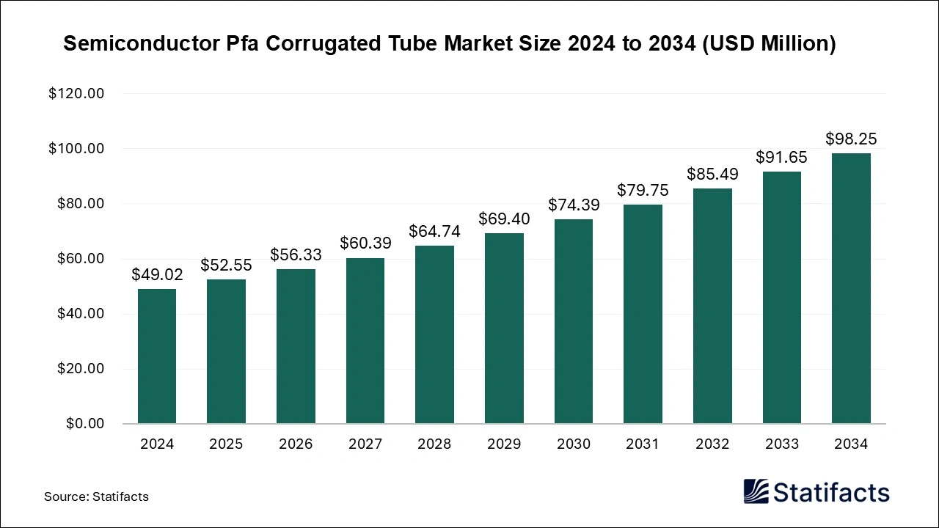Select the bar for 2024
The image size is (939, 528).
[x=157, y=356]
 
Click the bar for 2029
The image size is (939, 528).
[x=504, y=329]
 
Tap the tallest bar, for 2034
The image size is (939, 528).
[x=851, y=288]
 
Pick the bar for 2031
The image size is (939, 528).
[x=643, y=314]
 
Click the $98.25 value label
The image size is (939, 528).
[x=851, y=139]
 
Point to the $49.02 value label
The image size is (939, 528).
[x=157, y=275]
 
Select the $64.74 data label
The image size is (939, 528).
[x=434, y=232]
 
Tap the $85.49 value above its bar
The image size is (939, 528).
[x=712, y=175]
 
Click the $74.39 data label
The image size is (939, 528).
[x=574, y=205]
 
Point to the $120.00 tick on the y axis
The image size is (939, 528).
[x=76, y=94]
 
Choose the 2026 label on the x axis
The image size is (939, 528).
[x=296, y=444]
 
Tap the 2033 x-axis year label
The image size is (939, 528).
[x=782, y=444]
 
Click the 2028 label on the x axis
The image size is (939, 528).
[x=434, y=444]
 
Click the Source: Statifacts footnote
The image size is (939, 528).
[x=96, y=496]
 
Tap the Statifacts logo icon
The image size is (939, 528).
[x=756, y=491]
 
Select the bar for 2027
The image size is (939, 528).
[x=365, y=341]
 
